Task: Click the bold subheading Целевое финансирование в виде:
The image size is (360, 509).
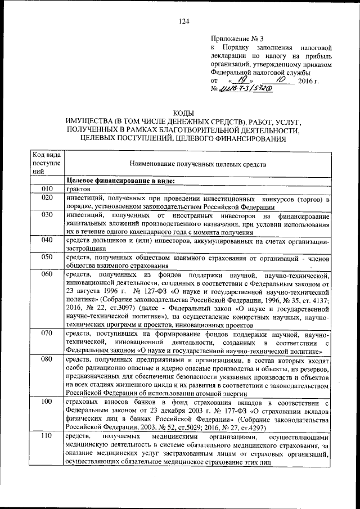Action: (x=120, y=181)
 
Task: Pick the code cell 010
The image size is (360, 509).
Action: (x=47, y=189)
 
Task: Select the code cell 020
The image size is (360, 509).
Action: (x=47, y=198)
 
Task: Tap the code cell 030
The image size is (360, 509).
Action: (x=47, y=215)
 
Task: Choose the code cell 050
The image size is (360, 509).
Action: (x=47, y=258)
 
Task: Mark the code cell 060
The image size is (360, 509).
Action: (x=47, y=275)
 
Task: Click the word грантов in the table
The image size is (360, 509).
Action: (x=80, y=189)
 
